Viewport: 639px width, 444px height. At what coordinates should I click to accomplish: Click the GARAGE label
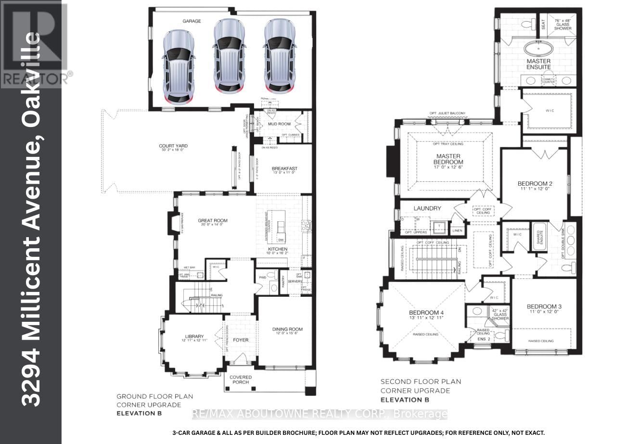pyautogui.click(x=191, y=21)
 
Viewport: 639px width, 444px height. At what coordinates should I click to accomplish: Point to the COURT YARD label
pyautogui.click(x=173, y=146)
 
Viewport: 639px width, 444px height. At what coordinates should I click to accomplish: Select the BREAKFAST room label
pyautogui.click(x=284, y=169)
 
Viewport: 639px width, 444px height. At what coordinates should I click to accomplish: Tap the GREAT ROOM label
pyautogui.click(x=212, y=221)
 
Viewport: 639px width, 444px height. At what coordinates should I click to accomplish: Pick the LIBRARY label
pyautogui.click(x=195, y=336)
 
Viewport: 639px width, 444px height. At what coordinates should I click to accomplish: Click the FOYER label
pyautogui.click(x=241, y=340)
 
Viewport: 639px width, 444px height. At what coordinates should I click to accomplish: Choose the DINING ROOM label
pyautogui.click(x=287, y=330)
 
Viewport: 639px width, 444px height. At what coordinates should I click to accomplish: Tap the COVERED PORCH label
pyautogui.click(x=241, y=380)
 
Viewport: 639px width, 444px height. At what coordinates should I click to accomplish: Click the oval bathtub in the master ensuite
pyautogui.click(x=538, y=49)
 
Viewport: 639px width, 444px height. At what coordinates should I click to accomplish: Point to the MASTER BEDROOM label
pyautogui.click(x=448, y=159)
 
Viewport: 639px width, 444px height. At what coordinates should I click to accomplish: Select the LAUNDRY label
pyautogui.click(x=427, y=208)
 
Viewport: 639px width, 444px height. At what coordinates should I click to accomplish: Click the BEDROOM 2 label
pyautogui.click(x=535, y=183)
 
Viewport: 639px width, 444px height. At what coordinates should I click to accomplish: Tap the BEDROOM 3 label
pyautogui.click(x=544, y=306)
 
